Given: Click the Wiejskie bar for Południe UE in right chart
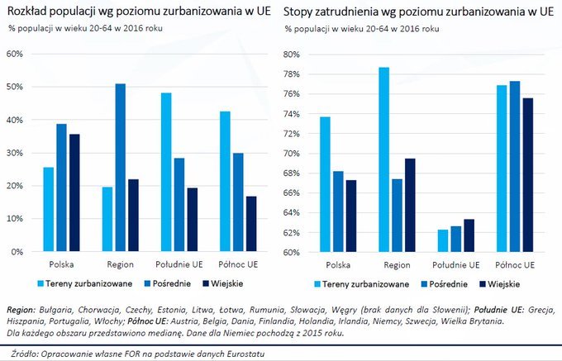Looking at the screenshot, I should [470, 235].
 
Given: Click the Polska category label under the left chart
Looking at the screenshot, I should [61, 266].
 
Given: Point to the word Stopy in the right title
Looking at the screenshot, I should [299, 12].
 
